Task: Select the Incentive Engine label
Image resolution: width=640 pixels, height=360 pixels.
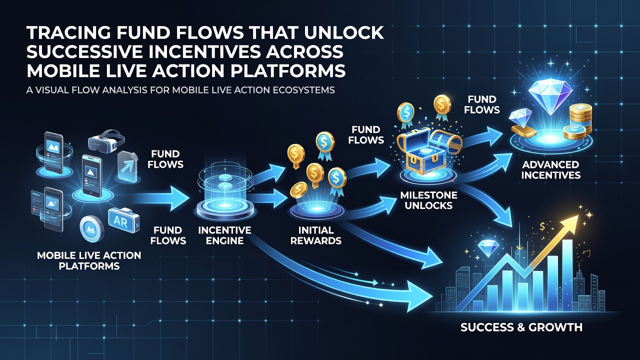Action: tap(224, 235)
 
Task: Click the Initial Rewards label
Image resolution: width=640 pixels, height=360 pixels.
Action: tap(316, 235)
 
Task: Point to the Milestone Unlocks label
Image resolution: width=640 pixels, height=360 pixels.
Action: tap(429, 200)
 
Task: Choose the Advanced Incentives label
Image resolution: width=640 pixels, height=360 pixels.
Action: tap(551, 169)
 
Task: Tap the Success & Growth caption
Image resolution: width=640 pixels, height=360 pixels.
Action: tap(521, 327)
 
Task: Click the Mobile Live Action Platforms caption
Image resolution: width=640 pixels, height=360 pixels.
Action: tap(89, 260)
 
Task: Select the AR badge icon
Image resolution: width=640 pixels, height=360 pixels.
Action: tap(123, 221)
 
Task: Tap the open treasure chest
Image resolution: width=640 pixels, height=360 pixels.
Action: tap(428, 150)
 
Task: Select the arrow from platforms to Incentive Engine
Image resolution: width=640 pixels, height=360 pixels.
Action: tap(160, 198)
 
